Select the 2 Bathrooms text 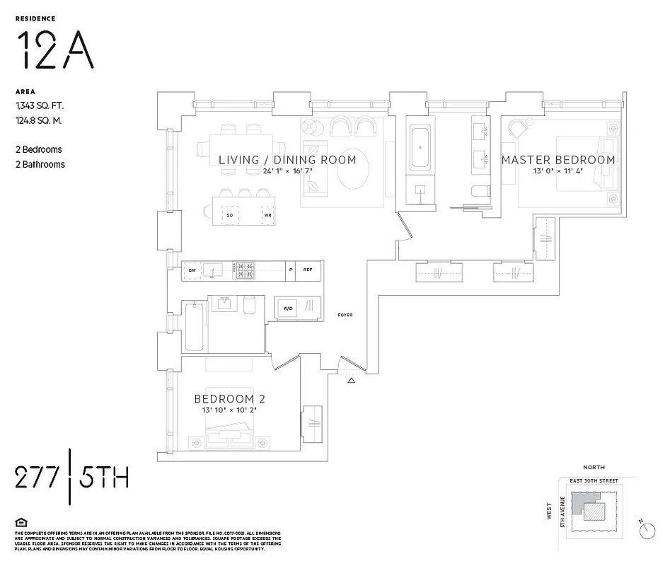click(x=40, y=164)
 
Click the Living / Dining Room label click(x=287, y=160)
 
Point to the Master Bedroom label click(x=558, y=160)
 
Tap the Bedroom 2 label click(x=230, y=399)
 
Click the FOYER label click(x=345, y=315)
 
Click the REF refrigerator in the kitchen click(x=308, y=270)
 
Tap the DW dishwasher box click(x=192, y=270)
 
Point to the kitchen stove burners click(x=245, y=270)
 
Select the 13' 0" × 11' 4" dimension click(x=558, y=171)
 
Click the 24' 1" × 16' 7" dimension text click(x=287, y=171)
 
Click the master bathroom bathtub click(x=421, y=146)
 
